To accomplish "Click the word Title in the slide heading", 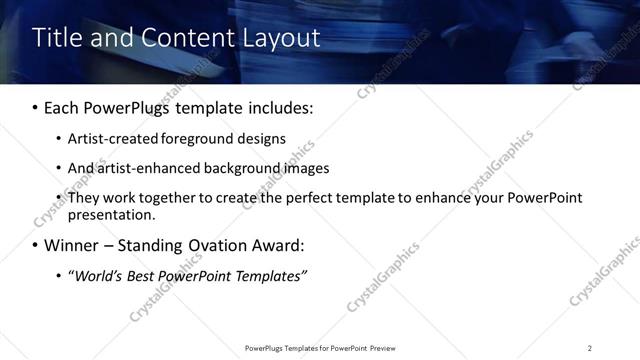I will click(x=56, y=38).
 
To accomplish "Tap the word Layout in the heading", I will click(x=279, y=38).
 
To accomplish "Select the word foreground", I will click(x=196, y=139).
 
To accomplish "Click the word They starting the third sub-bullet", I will click(x=83, y=198).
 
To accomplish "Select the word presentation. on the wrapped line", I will click(x=112, y=215).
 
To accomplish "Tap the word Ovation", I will click(x=214, y=245).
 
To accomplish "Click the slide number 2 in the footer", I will click(x=590, y=348).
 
